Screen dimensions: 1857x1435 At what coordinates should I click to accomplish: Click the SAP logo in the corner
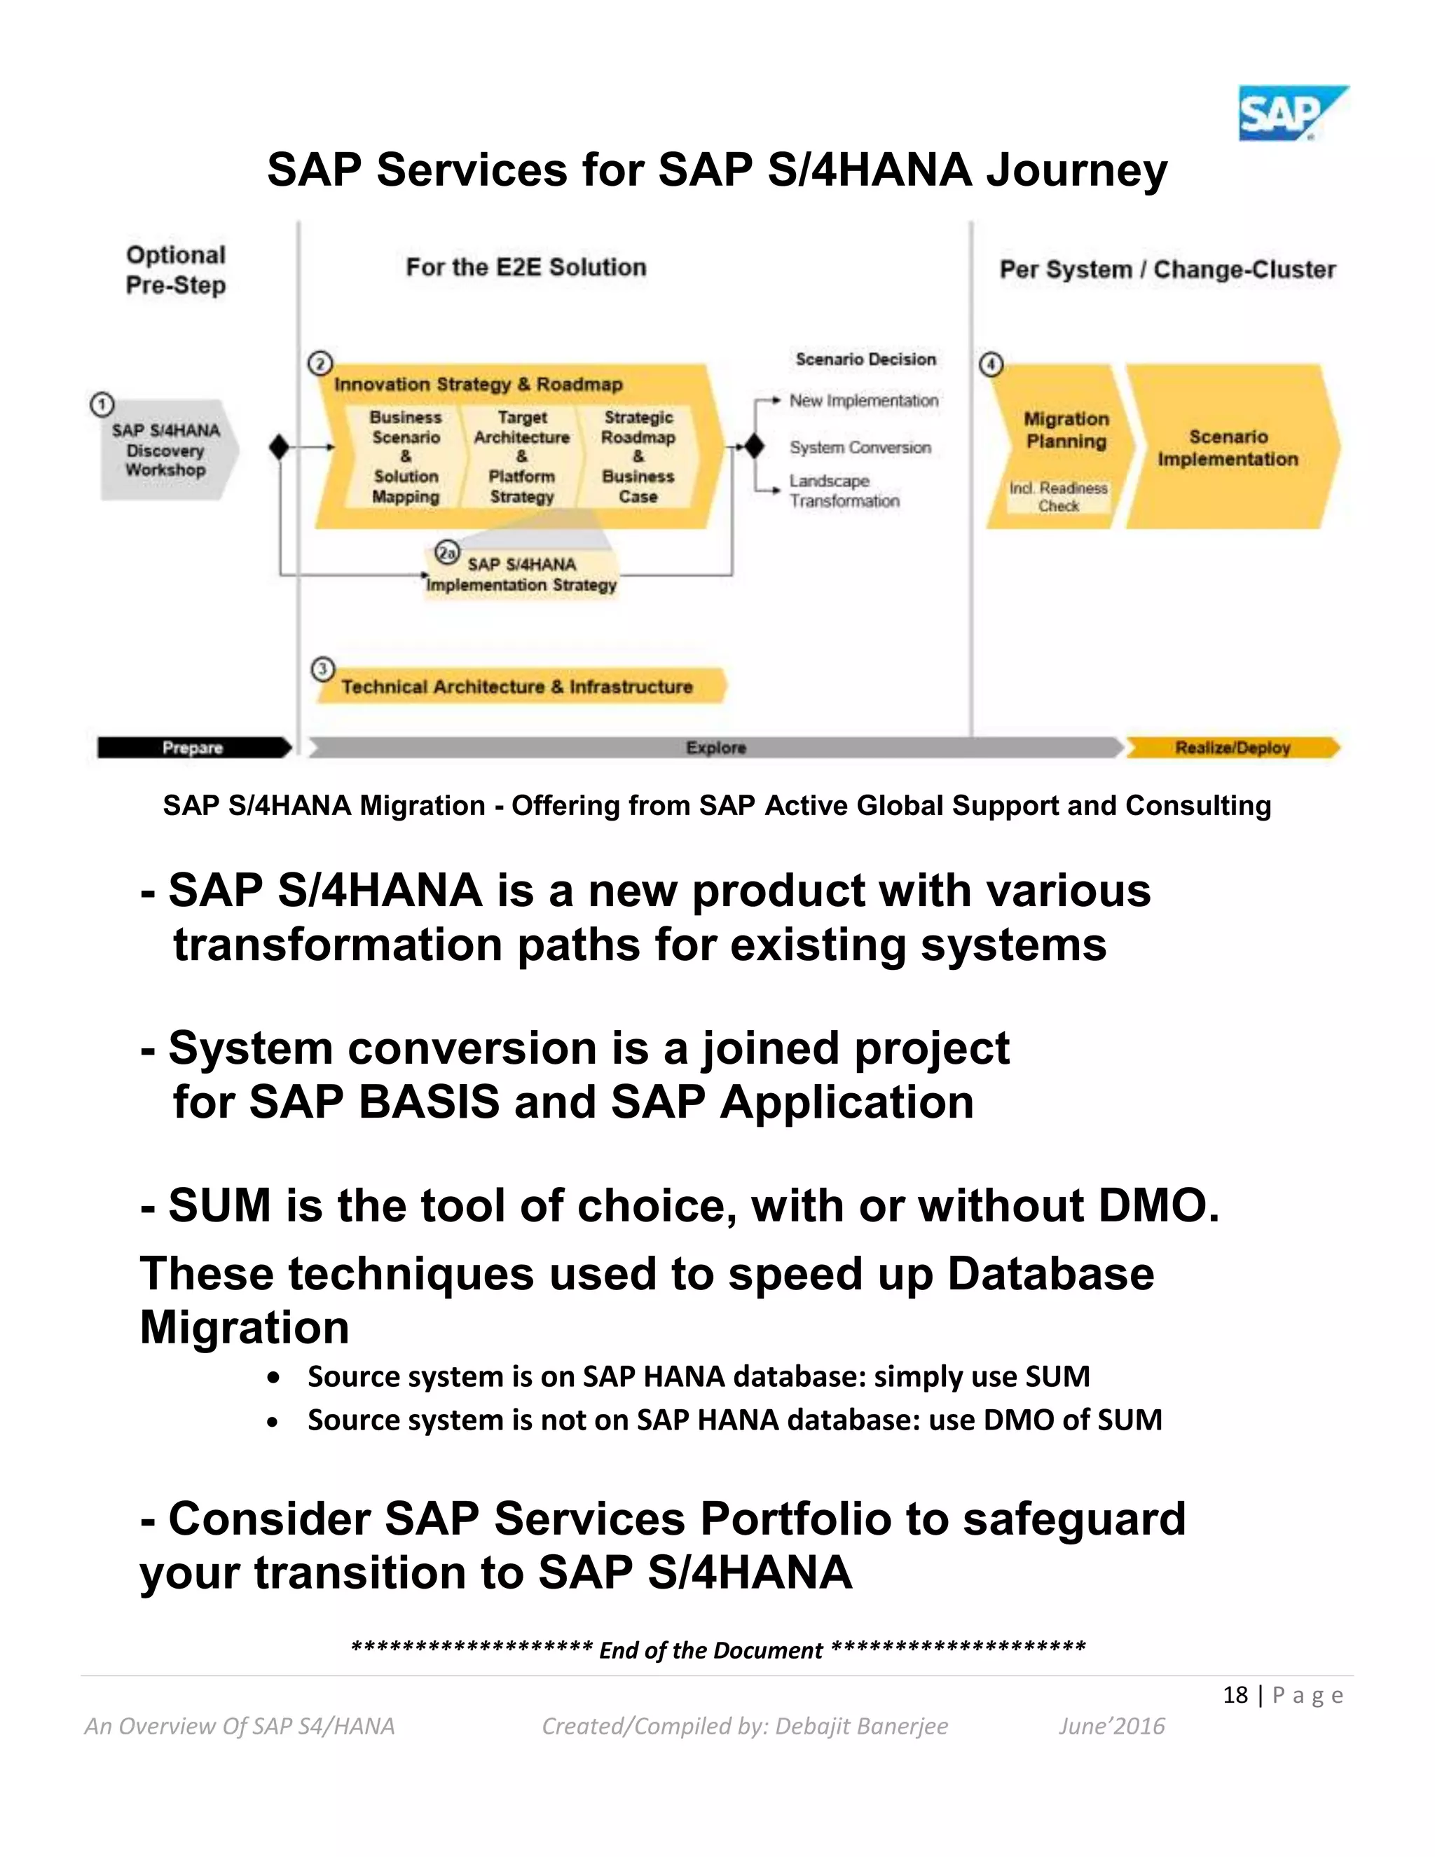pyautogui.click(x=1291, y=113)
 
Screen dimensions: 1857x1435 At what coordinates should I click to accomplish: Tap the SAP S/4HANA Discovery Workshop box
pyautogui.click(x=167, y=450)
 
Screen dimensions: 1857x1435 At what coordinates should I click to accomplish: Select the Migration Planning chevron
pyautogui.click(x=1064, y=431)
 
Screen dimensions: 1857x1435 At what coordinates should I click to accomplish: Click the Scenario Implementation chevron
pyautogui.click(x=1228, y=447)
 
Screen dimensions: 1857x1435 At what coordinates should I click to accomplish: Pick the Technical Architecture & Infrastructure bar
pyautogui.click(x=518, y=686)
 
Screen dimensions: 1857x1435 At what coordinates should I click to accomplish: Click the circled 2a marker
pyautogui.click(x=447, y=553)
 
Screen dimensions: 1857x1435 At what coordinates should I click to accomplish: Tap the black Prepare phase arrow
pyautogui.click(x=193, y=748)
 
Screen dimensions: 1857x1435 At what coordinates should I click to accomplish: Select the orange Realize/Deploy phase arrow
pyautogui.click(x=1232, y=748)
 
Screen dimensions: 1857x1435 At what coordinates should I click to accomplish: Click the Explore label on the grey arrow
pyautogui.click(x=716, y=748)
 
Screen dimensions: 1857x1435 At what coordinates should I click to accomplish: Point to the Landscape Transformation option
pyautogui.click(x=844, y=491)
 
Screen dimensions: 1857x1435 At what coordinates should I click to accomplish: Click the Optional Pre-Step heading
pyautogui.click(x=176, y=270)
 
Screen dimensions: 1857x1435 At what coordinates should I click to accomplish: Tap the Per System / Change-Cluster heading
pyautogui.click(x=1167, y=270)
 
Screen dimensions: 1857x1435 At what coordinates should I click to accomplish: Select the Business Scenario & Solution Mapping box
pyautogui.click(x=406, y=457)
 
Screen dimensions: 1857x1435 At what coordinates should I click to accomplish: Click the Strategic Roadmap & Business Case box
pyautogui.click(x=638, y=457)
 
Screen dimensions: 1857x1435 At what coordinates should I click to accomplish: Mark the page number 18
pyautogui.click(x=1235, y=1694)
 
